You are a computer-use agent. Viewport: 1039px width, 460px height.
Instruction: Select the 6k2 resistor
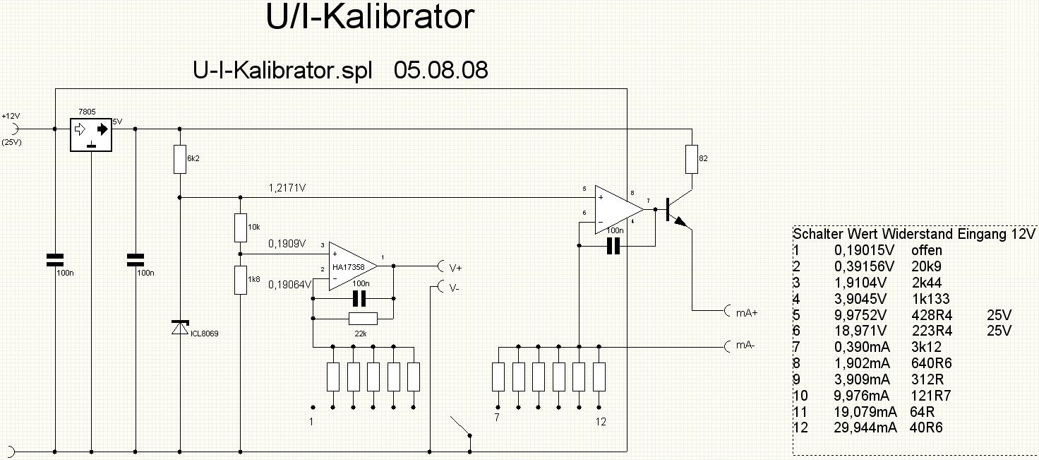(x=180, y=160)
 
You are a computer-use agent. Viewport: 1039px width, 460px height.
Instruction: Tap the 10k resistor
(x=240, y=227)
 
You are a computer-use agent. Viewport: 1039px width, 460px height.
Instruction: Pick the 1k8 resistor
(x=240, y=280)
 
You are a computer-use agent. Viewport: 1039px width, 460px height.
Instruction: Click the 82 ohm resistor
(x=692, y=159)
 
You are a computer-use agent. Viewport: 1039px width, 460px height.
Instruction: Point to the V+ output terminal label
(x=455, y=268)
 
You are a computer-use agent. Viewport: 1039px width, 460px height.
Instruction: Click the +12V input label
(x=11, y=116)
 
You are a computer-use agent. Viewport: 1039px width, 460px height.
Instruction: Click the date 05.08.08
(x=440, y=71)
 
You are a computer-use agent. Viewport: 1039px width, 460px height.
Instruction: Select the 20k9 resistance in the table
(x=927, y=266)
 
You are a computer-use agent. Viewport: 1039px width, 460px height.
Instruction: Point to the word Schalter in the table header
(x=818, y=234)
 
